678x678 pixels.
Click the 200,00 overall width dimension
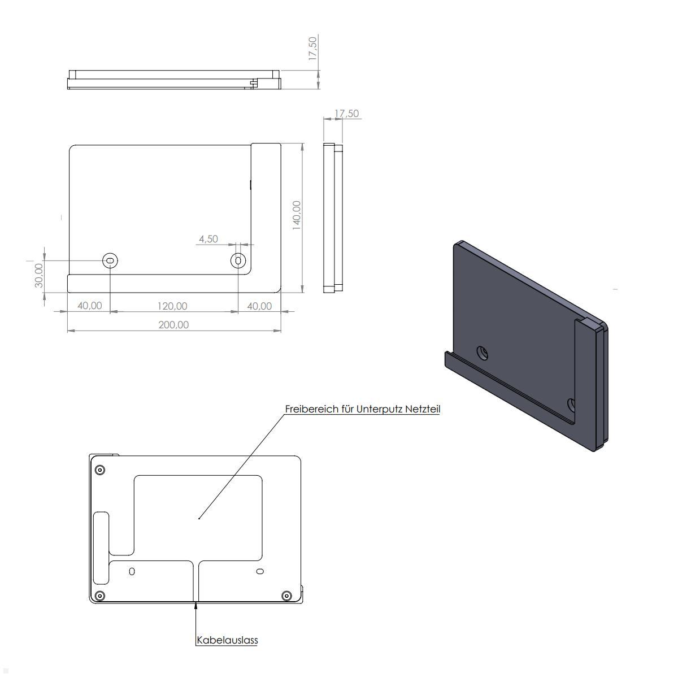(x=173, y=325)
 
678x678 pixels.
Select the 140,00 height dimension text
(x=297, y=215)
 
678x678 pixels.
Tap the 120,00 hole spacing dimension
(x=172, y=306)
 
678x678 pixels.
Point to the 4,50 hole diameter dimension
(x=208, y=239)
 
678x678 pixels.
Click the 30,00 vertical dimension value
(x=39, y=275)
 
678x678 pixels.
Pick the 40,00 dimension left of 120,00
(x=89, y=306)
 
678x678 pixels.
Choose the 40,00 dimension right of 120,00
(x=259, y=306)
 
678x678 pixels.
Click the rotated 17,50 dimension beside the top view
(x=312, y=48)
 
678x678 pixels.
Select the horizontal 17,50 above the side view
(x=346, y=114)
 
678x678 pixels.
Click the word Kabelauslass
(x=227, y=640)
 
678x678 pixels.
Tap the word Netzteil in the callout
(x=422, y=409)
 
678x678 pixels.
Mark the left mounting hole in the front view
(x=110, y=261)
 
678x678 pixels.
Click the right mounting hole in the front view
(x=238, y=260)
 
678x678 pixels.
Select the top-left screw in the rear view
(x=100, y=470)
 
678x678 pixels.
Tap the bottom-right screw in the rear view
(x=286, y=596)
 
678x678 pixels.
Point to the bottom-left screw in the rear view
(x=100, y=596)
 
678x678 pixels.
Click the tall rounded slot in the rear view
(x=102, y=547)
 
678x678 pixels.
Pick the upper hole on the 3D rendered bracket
(x=483, y=354)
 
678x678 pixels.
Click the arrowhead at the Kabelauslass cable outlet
(x=196, y=606)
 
